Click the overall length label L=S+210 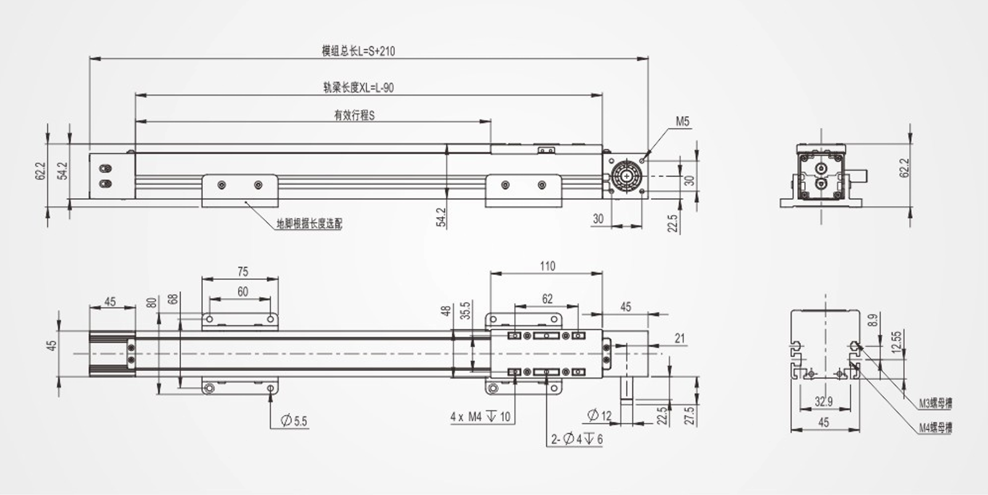coord(358,51)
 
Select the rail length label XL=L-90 coord(358,87)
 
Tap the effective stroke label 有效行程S coord(354,115)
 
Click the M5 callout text coord(683,121)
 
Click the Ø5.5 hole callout coord(293,421)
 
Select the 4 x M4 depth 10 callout coord(480,417)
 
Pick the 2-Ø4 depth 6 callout coord(576,439)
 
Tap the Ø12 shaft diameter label coord(599,416)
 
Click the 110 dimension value coord(547,266)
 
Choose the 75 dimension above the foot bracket coord(242,271)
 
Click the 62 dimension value coord(547,299)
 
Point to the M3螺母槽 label coord(935,404)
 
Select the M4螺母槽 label coord(935,428)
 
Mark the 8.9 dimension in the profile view coord(872,320)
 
